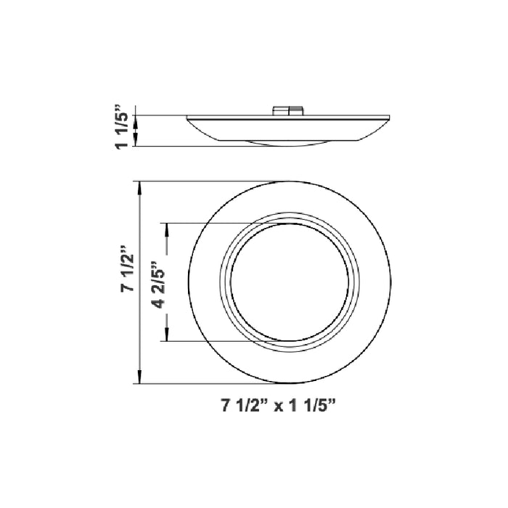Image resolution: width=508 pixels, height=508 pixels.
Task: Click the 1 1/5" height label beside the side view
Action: [123, 129]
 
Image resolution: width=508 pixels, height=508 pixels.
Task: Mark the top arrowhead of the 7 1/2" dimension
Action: [138, 186]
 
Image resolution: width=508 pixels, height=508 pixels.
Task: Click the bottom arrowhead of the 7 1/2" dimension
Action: [138, 379]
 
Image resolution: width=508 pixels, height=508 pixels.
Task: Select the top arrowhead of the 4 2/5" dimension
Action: [168, 227]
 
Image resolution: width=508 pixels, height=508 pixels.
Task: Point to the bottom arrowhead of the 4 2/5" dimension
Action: [168, 337]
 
